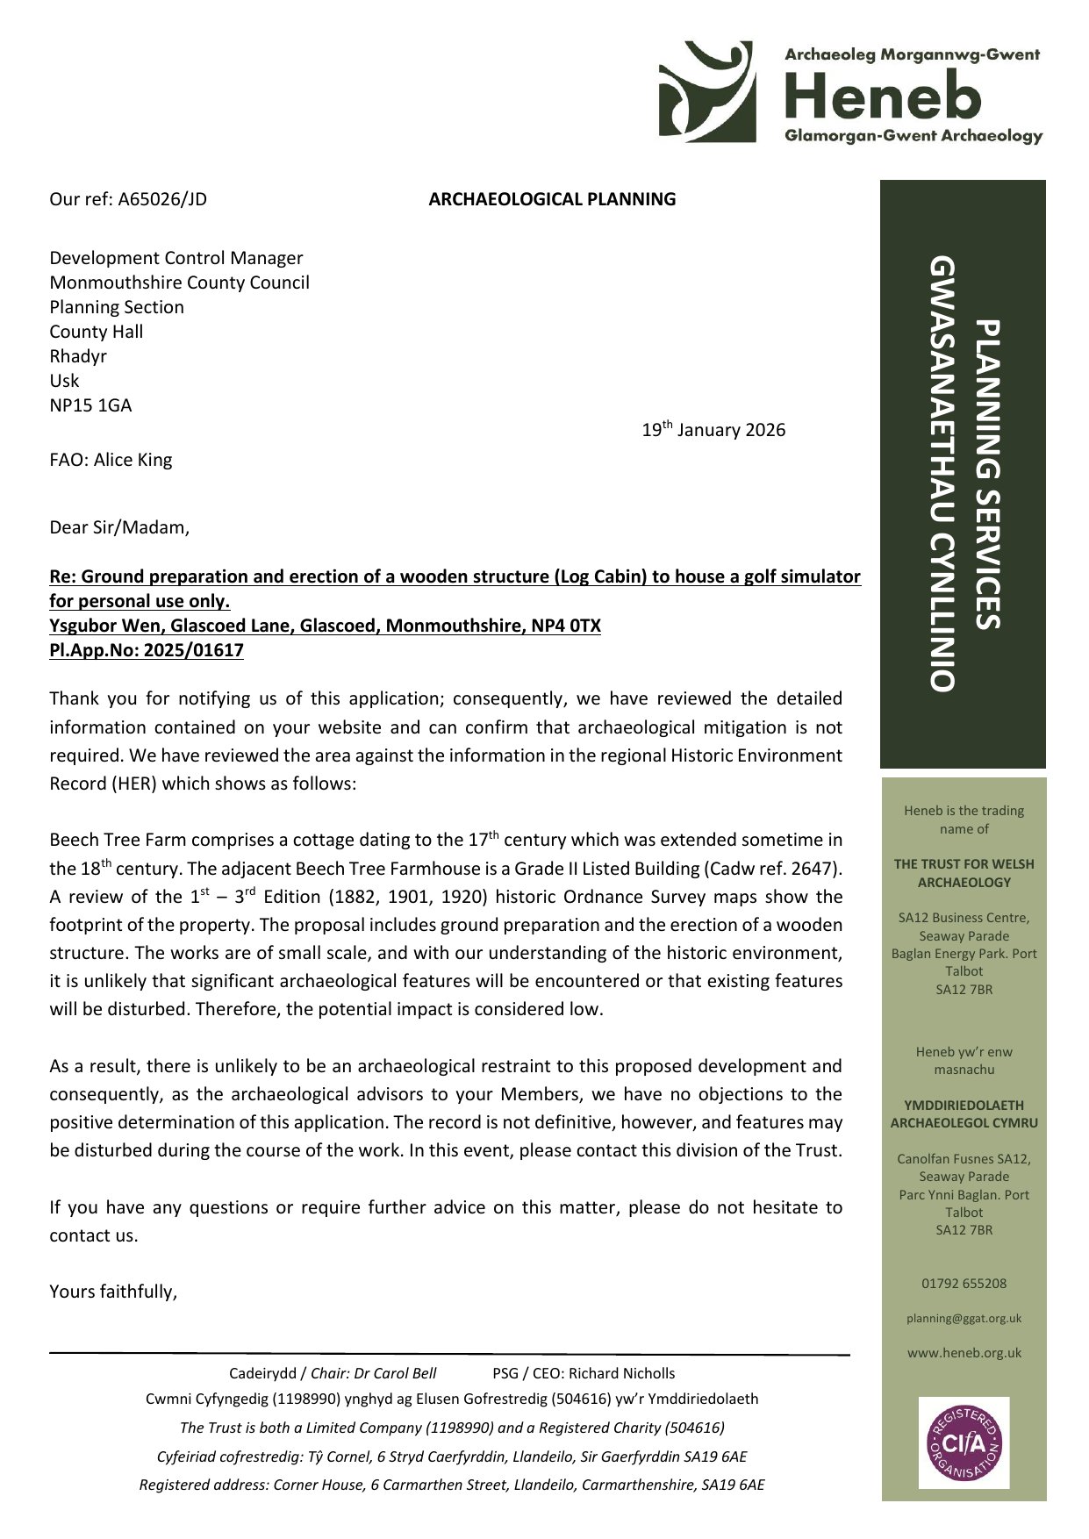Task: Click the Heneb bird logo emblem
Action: pyautogui.click(x=706, y=91)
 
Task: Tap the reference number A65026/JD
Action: pyautogui.click(x=162, y=199)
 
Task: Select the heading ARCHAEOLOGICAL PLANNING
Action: pyautogui.click(x=552, y=199)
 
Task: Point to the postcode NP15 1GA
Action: pyautogui.click(x=90, y=405)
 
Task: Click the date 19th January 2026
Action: pyautogui.click(x=713, y=430)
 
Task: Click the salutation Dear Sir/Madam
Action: pyautogui.click(x=118, y=527)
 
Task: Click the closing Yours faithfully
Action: pyautogui.click(x=113, y=1292)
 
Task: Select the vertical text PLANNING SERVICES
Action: pyautogui.click(x=988, y=474)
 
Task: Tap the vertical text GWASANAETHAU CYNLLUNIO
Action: pyautogui.click(x=942, y=474)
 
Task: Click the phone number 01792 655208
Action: pyautogui.click(x=964, y=1284)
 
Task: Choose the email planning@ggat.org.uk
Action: pyautogui.click(x=964, y=1319)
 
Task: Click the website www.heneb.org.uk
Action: pyautogui.click(x=964, y=1353)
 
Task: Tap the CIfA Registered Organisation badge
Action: pyautogui.click(x=964, y=1443)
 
